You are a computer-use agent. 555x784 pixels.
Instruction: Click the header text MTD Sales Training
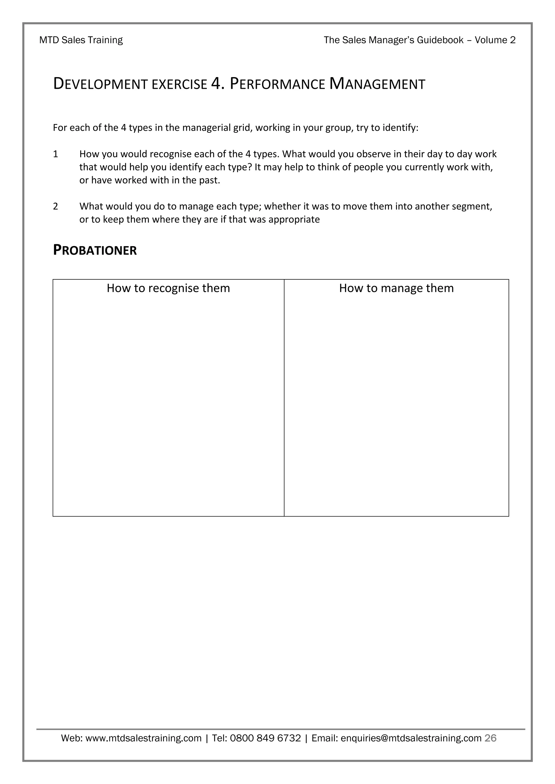(x=81, y=40)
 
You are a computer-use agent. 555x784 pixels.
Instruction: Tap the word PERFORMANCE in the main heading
(x=277, y=84)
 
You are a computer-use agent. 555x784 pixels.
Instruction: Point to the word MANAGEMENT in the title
(x=377, y=84)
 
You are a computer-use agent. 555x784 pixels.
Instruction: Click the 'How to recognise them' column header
(x=168, y=288)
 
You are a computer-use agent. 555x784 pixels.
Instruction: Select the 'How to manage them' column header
(x=396, y=288)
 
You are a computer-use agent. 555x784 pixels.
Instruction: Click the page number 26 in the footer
(x=491, y=738)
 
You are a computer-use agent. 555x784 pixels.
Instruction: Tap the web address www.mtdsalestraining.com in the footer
(x=143, y=739)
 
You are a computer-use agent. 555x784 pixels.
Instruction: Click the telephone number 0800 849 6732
(x=265, y=739)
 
